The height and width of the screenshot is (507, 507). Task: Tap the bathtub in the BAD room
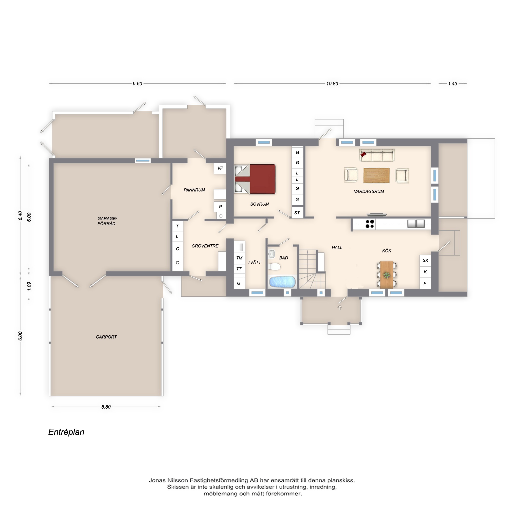tap(282, 282)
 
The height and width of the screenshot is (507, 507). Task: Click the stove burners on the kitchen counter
tap(370, 224)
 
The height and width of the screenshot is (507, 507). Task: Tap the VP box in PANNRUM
tap(220, 168)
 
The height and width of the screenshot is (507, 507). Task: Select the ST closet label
tap(297, 213)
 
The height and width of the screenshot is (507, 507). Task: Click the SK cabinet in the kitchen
tap(425, 260)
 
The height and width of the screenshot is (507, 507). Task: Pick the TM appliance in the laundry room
tap(239, 258)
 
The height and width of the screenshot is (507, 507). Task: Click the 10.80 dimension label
tap(332, 84)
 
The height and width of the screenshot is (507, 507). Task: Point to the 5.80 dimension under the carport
tap(106, 407)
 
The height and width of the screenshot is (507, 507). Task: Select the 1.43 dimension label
tap(453, 84)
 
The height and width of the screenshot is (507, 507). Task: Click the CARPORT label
tap(106, 337)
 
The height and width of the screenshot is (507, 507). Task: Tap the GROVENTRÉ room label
tap(205, 246)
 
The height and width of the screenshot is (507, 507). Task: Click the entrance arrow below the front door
tap(340, 307)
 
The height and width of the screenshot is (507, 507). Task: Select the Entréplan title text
tap(66, 432)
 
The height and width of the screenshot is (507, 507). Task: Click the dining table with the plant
tap(387, 275)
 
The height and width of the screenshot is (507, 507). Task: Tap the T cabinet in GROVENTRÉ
tap(177, 226)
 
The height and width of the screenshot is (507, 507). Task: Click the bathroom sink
tap(271, 254)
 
